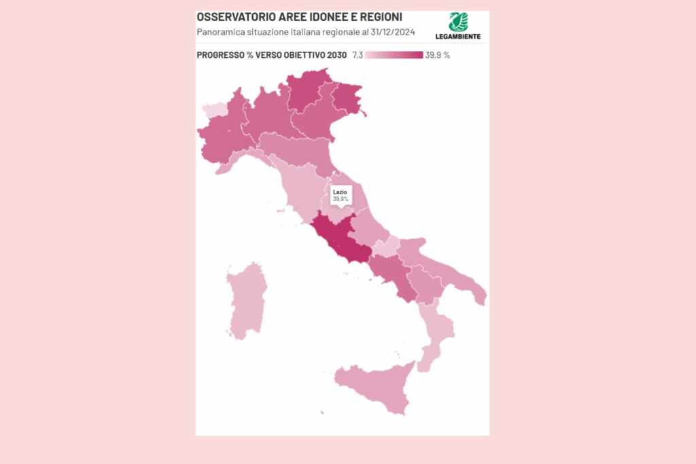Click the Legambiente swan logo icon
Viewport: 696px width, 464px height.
point(458,22)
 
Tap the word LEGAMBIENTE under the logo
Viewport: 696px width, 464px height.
point(458,37)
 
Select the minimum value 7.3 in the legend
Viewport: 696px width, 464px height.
point(358,55)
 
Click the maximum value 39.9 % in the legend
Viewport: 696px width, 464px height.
point(437,55)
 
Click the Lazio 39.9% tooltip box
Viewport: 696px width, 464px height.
point(341,196)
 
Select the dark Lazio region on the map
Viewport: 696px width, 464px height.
point(343,241)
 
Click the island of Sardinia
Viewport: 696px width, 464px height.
point(246,299)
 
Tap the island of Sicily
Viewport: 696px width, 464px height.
point(377,387)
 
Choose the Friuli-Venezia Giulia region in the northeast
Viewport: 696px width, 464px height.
point(347,99)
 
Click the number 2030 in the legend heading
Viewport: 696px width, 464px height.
point(336,55)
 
